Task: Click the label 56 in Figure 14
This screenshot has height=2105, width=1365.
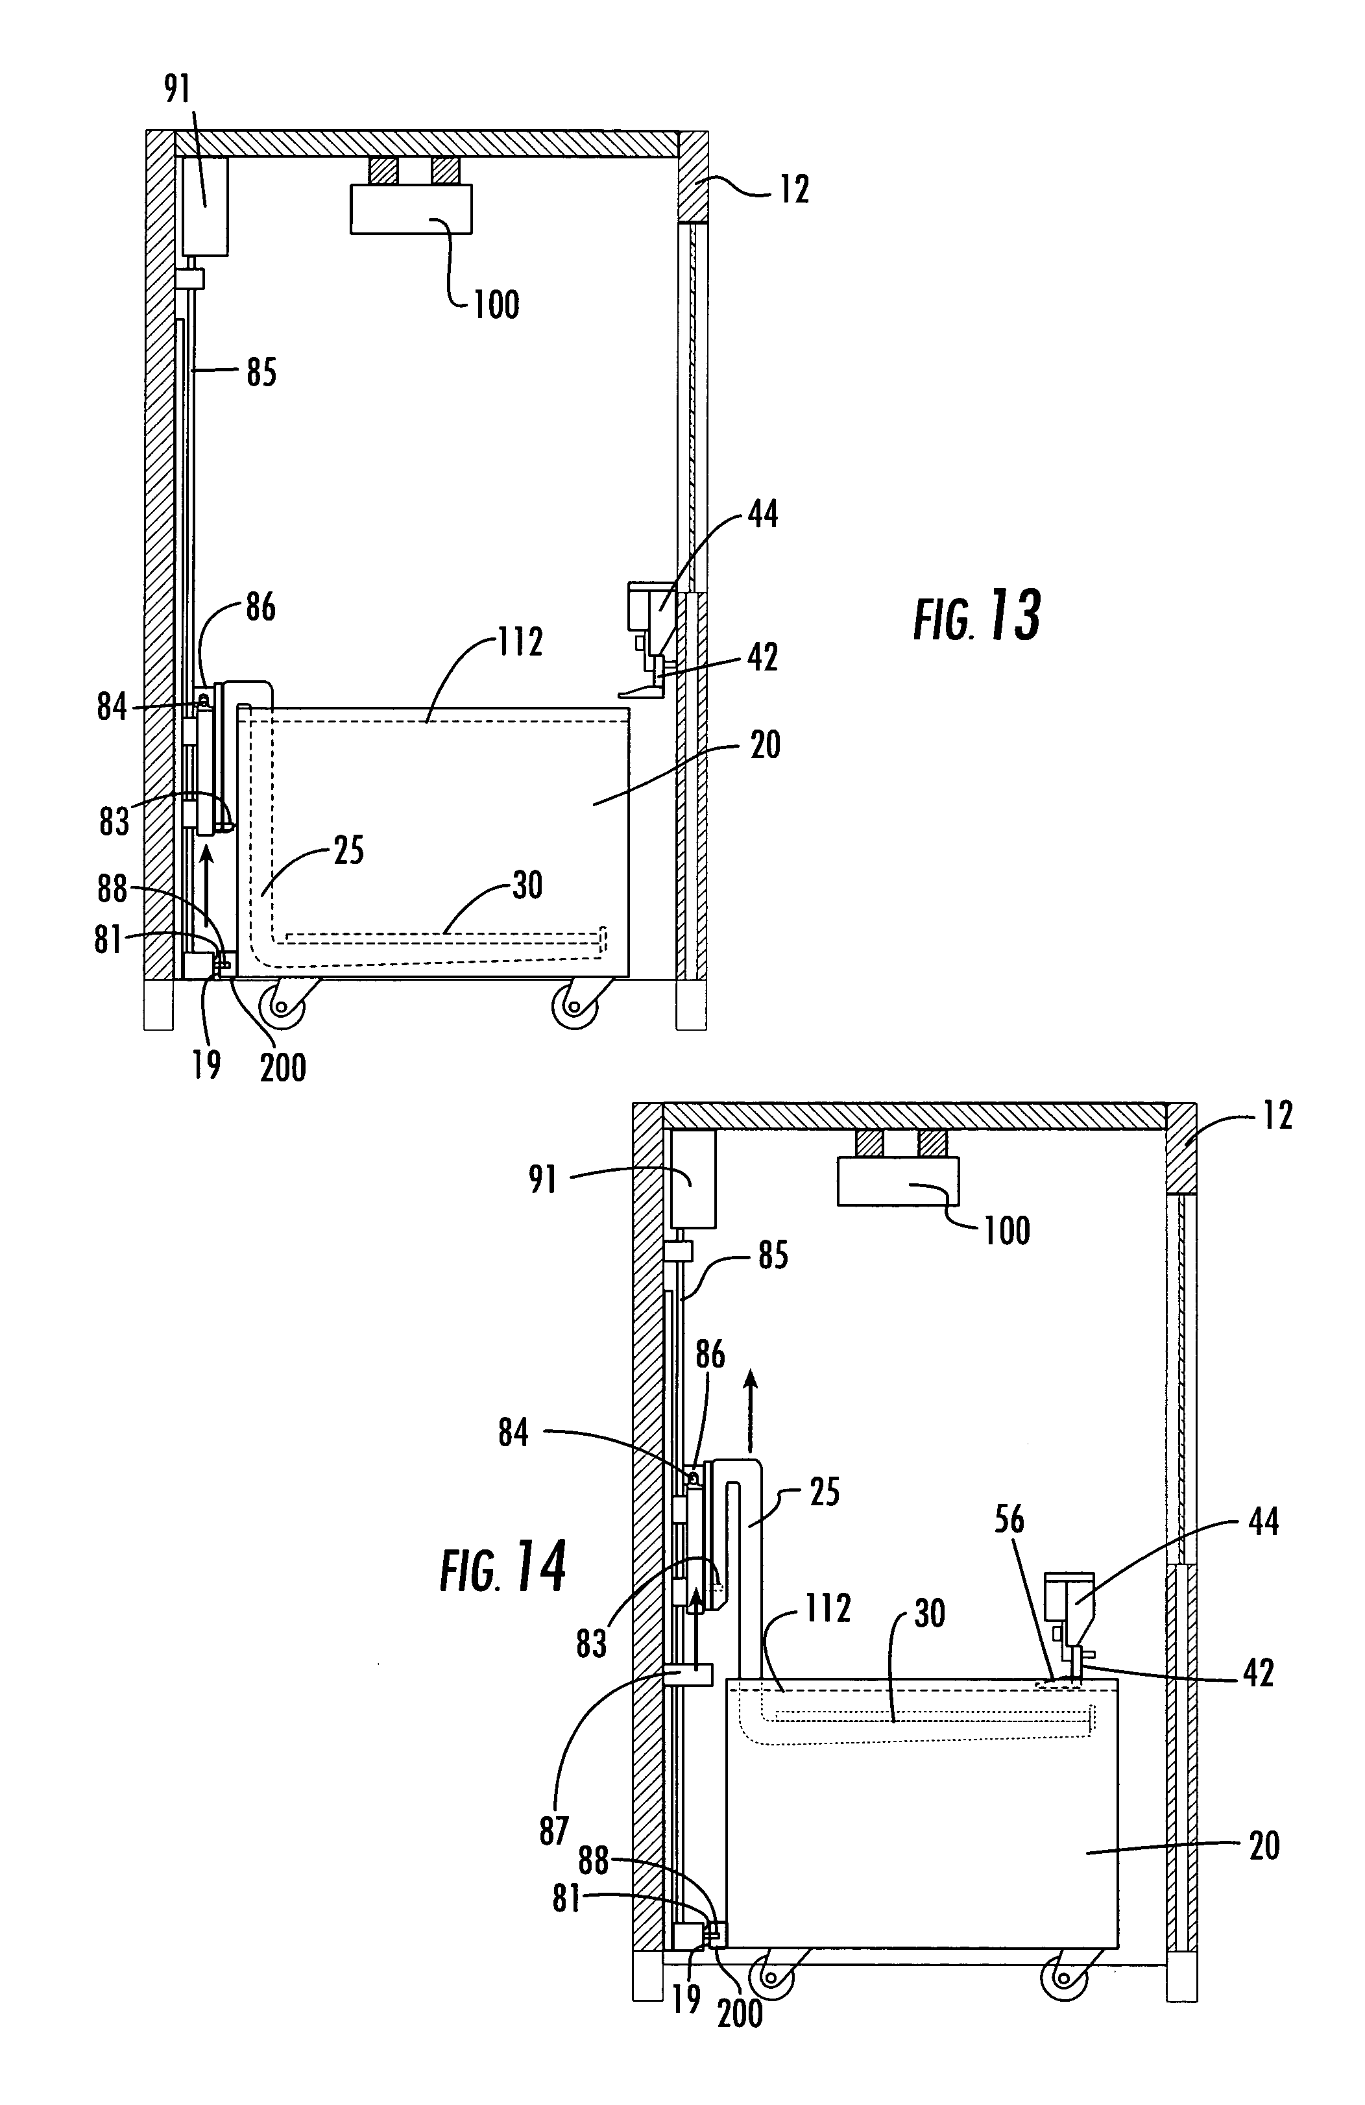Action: coord(1009,1520)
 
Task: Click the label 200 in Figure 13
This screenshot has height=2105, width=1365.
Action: coord(283,1068)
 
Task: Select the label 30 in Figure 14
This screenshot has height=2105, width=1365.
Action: coord(928,1614)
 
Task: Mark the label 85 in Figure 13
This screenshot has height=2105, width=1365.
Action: coord(261,373)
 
